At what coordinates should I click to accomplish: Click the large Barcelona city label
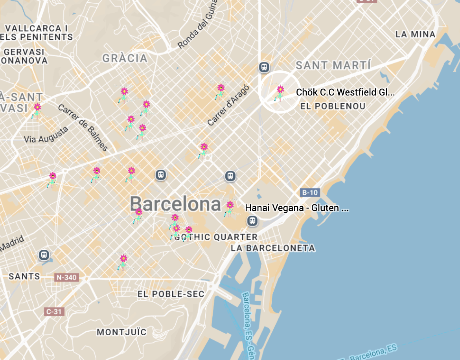(175, 204)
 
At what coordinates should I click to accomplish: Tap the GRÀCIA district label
(125, 59)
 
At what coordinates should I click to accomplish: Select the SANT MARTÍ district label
(333, 65)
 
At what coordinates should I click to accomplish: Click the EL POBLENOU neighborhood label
(333, 106)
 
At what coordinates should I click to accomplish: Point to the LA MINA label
(415, 34)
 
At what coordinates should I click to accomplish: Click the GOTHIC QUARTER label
(216, 237)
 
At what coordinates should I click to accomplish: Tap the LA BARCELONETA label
(273, 248)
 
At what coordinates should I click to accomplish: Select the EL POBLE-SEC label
(171, 294)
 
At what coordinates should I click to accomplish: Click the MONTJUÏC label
(121, 332)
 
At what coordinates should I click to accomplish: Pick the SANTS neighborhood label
(24, 276)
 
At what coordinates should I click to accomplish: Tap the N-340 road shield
(67, 277)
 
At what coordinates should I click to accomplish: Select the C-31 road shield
(54, 311)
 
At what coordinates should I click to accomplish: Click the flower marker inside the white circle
(280, 93)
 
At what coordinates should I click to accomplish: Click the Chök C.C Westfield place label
(345, 92)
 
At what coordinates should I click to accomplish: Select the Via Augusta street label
(46, 135)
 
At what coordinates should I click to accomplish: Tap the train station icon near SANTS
(44, 255)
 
